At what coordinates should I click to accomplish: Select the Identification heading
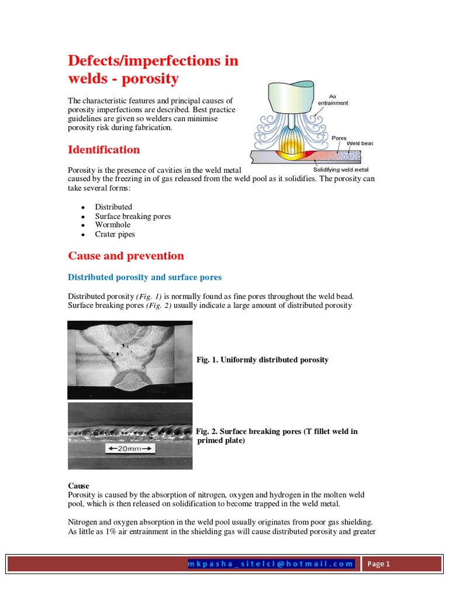[x=104, y=149]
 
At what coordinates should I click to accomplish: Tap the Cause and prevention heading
[x=126, y=256]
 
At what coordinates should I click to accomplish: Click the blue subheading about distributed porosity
[x=145, y=277]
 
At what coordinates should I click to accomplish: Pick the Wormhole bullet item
[x=113, y=225]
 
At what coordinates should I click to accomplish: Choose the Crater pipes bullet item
[x=115, y=234]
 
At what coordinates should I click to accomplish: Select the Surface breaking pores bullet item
[x=133, y=216]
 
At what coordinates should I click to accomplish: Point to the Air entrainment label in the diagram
[x=332, y=100]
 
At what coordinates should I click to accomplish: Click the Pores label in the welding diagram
[x=339, y=138]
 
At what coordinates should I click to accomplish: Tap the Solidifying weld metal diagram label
[x=341, y=170]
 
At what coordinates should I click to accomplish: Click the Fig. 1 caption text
[x=262, y=360]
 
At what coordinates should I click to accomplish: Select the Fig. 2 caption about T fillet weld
[x=276, y=436]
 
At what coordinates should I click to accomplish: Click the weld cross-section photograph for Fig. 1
[x=129, y=360]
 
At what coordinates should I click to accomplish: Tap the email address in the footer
[x=271, y=564]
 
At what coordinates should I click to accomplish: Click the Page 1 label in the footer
[x=379, y=564]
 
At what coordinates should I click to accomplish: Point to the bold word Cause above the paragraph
[x=79, y=486]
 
